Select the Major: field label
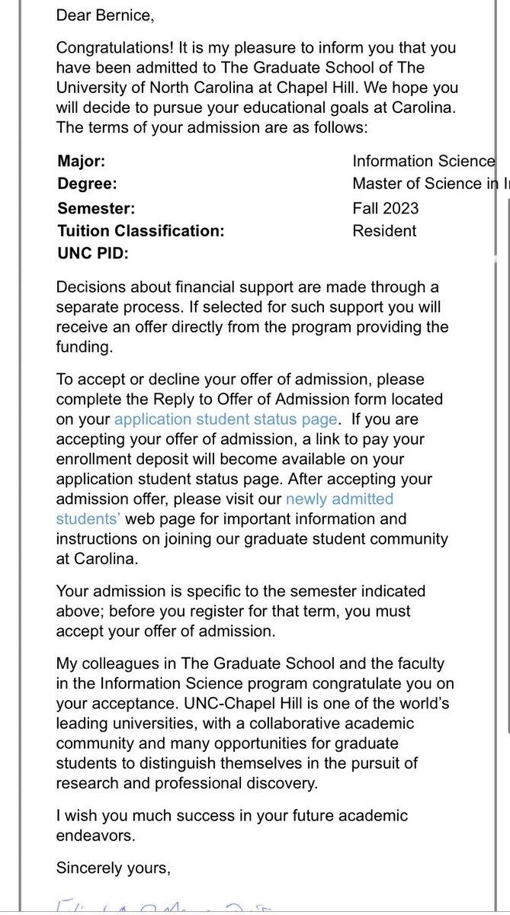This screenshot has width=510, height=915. (x=82, y=161)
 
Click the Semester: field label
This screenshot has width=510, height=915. (x=96, y=208)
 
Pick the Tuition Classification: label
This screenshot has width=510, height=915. (x=141, y=230)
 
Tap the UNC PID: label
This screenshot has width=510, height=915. (x=93, y=253)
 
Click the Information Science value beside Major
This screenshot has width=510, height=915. (x=423, y=161)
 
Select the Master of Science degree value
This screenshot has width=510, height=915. (x=427, y=184)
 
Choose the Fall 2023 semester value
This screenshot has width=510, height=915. (x=385, y=208)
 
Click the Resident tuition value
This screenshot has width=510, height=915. (x=384, y=230)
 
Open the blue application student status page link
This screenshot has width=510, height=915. (x=226, y=419)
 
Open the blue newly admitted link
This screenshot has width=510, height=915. (x=339, y=499)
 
